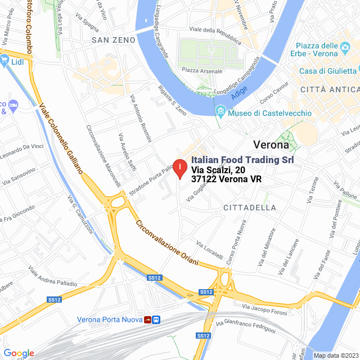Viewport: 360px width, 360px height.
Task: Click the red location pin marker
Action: tap(179, 168)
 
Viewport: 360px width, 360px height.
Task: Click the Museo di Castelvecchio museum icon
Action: tap(220, 114)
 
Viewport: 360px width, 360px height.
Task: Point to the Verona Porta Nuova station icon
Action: tap(152, 319)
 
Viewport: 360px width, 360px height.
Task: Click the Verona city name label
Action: tap(271, 144)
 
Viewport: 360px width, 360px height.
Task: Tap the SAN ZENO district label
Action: tap(114, 40)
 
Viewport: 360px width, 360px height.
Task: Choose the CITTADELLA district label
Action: tap(250, 208)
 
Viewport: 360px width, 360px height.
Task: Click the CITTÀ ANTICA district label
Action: tap(329, 89)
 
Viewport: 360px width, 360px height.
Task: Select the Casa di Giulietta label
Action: tap(328, 71)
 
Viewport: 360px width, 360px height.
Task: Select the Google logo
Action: tap(19, 353)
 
